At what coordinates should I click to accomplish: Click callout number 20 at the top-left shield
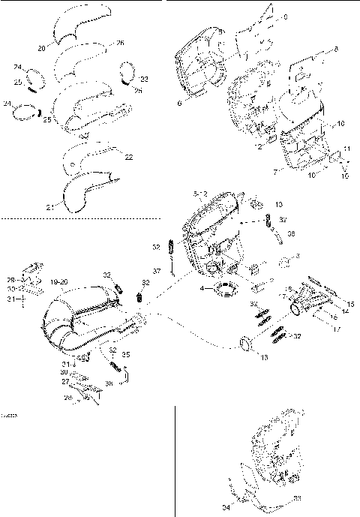pyautogui.click(x=41, y=47)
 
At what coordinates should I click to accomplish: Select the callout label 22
pyautogui.click(x=128, y=157)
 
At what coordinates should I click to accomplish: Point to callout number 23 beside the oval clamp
pyautogui.click(x=144, y=78)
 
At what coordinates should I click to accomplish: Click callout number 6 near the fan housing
pyautogui.click(x=179, y=104)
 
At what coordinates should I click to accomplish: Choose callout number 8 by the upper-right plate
pyautogui.click(x=335, y=49)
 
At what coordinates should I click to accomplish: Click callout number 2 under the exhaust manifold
pyautogui.click(x=259, y=146)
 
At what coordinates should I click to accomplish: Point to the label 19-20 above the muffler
pyautogui.click(x=58, y=281)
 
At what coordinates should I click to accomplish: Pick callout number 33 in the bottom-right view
pyautogui.click(x=297, y=497)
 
